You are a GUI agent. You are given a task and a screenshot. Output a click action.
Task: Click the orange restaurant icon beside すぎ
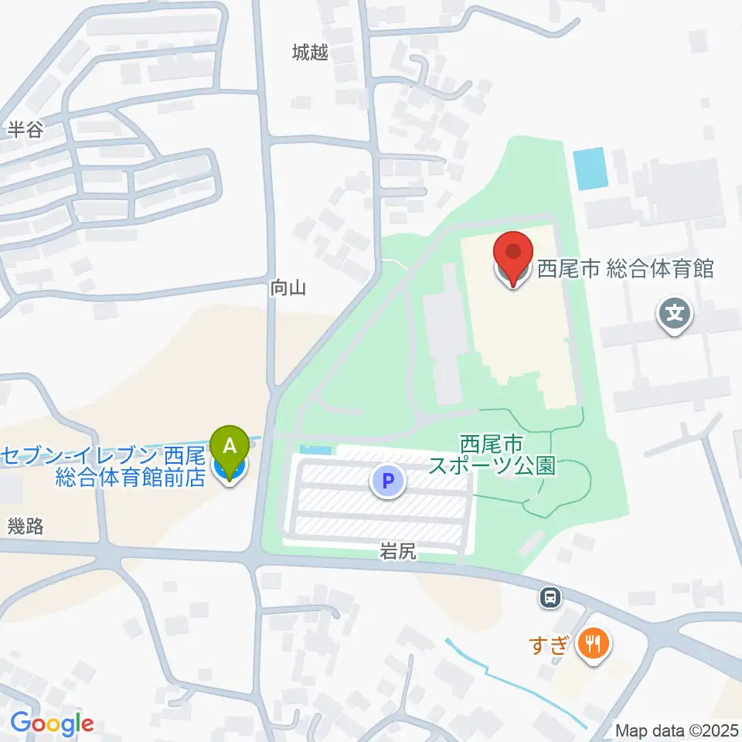[x=593, y=642]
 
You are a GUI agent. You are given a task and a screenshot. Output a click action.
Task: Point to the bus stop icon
[x=550, y=597]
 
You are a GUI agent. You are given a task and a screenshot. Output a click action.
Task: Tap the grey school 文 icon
[x=674, y=315]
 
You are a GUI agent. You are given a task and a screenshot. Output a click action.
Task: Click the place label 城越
[x=310, y=53]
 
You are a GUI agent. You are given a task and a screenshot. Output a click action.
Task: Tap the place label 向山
[x=289, y=288]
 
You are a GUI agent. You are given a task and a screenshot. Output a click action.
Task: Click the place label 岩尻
[x=398, y=551]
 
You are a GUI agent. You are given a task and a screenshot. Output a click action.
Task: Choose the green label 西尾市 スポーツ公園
[x=492, y=456]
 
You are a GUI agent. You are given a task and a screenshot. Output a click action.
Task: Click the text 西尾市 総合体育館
[x=625, y=269]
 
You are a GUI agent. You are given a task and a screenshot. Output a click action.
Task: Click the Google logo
[x=52, y=724]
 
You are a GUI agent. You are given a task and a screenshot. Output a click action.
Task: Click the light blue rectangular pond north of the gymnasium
[x=591, y=169]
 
